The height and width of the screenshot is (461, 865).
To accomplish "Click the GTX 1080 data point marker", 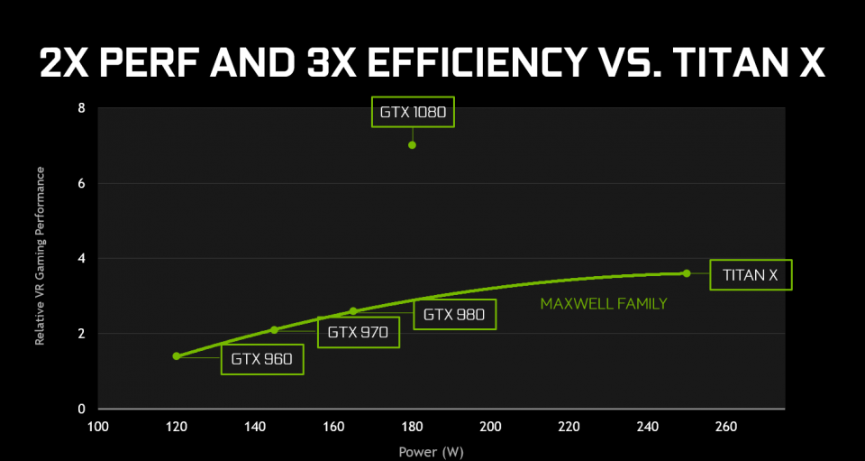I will point(412,144).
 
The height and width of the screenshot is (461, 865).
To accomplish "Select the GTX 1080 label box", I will point(413,113).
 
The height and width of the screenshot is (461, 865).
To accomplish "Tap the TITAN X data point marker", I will point(687,273).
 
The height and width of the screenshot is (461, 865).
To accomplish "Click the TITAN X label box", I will point(751,274).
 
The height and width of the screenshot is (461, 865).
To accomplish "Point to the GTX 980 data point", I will point(353,311).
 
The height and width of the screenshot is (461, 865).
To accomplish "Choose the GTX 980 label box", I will point(454,315).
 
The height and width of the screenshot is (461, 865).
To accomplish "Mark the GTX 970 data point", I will point(275,329).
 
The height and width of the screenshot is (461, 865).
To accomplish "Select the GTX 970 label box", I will point(358,332).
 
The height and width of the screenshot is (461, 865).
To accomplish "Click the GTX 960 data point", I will point(177,356).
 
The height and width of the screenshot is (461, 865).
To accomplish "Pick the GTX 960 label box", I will point(261,358).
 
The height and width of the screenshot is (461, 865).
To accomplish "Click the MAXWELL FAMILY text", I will point(604,304).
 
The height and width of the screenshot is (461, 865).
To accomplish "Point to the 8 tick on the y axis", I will point(82,108).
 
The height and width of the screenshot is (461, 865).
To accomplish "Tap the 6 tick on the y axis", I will point(82,183).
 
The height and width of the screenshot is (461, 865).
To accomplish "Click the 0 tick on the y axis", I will point(82,409).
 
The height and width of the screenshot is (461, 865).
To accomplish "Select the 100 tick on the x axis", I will point(98,426).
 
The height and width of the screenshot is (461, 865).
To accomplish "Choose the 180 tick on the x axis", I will point(412,426).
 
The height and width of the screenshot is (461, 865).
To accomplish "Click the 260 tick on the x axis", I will point(725,426).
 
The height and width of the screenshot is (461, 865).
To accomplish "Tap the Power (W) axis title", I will point(432,448).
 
